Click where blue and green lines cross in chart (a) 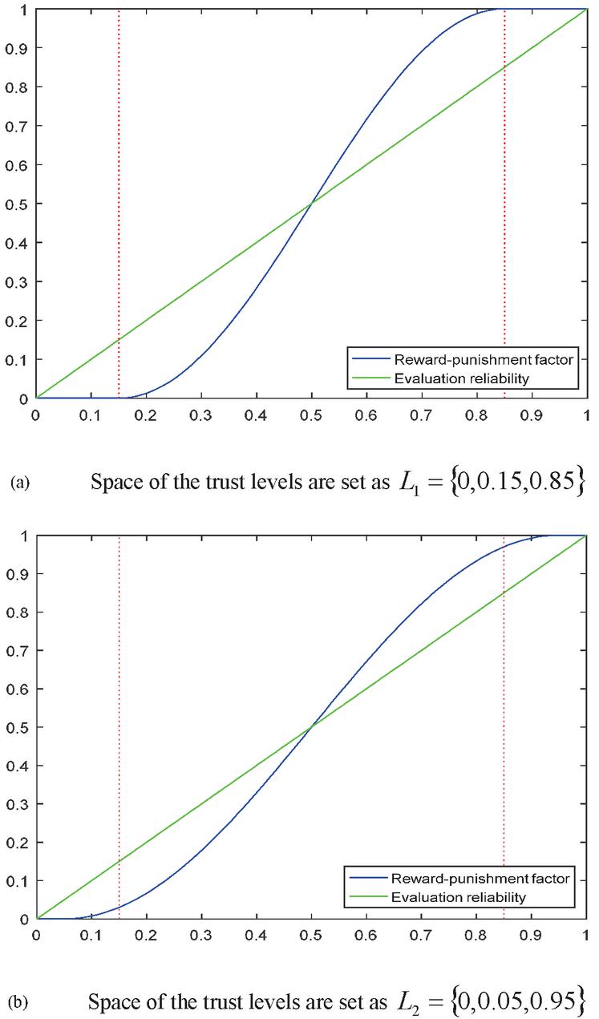[x=311, y=204]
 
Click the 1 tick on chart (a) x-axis [x=587, y=417]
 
